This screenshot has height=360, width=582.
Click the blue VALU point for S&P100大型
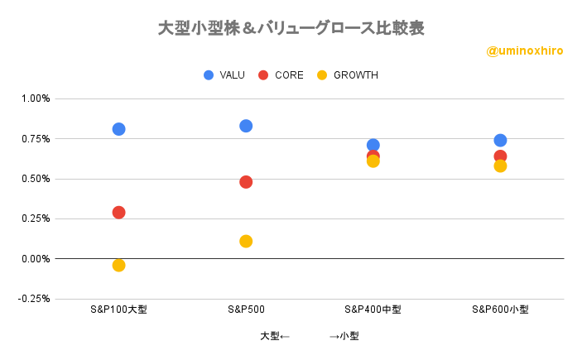[118, 129]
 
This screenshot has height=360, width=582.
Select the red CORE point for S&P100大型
[118, 213]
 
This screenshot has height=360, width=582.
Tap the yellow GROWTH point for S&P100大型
[118, 266]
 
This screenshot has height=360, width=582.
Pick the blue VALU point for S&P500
[246, 126]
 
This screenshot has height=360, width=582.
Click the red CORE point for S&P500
[246, 182]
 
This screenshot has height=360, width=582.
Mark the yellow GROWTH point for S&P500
[246, 242]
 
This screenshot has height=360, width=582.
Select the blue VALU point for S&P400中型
[373, 145]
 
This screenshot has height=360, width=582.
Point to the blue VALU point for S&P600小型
[500, 141]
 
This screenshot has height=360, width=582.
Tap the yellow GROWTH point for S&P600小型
[500, 166]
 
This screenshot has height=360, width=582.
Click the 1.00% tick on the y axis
[36, 98]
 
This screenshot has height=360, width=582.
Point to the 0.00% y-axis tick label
[36, 259]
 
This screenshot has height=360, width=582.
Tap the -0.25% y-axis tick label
[34, 299]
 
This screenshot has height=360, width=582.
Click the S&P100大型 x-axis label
[118, 310]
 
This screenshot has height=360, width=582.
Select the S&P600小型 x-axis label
[500, 310]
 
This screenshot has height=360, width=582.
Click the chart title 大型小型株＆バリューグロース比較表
[291, 28]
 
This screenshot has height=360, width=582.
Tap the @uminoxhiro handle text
[525, 50]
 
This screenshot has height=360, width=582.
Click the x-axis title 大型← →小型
[309, 336]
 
